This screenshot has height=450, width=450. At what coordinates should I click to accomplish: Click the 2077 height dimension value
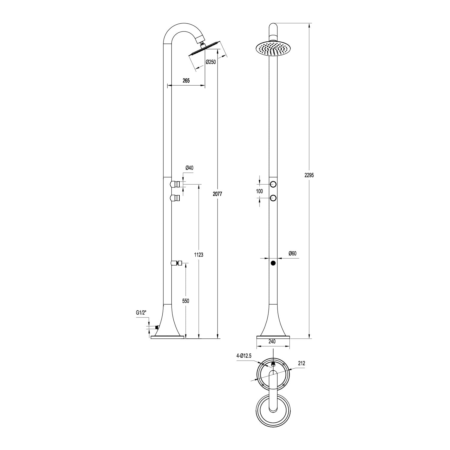coord(217,194)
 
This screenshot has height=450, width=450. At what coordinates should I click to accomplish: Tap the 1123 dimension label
coord(199,255)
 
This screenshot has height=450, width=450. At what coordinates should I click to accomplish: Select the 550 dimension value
coord(186,301)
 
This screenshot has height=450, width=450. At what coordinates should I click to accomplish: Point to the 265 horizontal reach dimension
coord(186,80)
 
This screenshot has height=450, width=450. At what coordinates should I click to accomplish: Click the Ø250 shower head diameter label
coord(211,62)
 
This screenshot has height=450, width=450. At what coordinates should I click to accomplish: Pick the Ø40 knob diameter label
coord(189,168)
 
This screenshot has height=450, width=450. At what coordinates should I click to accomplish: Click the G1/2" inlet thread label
coord(141,313)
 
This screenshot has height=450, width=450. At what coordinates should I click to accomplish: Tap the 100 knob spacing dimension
coord(259,191)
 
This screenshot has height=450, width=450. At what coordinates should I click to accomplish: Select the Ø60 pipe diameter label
coord(292,253)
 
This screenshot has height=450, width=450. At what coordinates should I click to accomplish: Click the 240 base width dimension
coord(272,341)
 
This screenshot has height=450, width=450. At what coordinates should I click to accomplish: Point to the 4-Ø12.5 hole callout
coord(244,356)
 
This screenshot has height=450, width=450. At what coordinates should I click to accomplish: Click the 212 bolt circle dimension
coord(301,363)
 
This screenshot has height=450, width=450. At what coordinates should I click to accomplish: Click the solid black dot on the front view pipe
coord(273,263)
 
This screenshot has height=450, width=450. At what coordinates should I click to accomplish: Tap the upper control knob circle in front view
coord(273,184)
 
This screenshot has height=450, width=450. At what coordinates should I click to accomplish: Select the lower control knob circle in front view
coord(273,198)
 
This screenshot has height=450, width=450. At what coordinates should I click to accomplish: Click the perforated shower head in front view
coord(273,49)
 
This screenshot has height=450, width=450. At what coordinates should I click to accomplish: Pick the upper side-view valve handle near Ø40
coord(175,184)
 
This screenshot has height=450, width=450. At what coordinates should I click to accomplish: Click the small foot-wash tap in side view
coord(176,263)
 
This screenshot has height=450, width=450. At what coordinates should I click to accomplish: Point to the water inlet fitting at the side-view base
coord(156,328)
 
